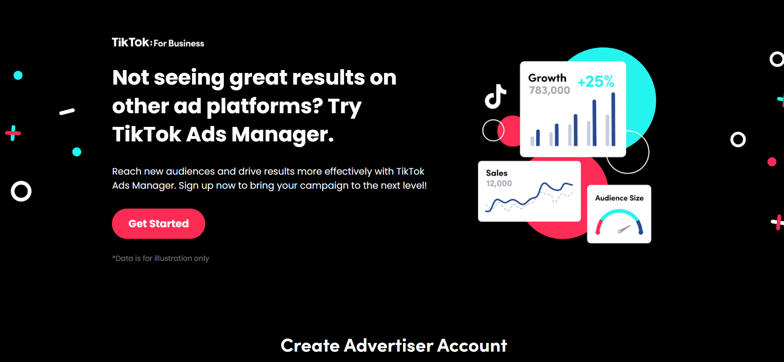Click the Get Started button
[158, 224]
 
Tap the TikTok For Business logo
[158, 42]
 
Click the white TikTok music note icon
[495, 96]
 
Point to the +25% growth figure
[596, 81]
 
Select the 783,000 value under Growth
[549, 90]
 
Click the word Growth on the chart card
[547, 78]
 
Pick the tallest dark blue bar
[613, 119]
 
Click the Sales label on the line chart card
[497, 173]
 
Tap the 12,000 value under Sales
[499, 183]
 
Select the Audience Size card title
[619, 198]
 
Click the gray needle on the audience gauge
[624, 229]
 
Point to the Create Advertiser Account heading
[394, 345]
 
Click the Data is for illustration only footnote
[160, 258]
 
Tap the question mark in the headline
[317, 106]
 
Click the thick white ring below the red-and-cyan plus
[21, 182]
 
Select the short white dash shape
[67, 111]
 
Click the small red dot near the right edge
[772, 162]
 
